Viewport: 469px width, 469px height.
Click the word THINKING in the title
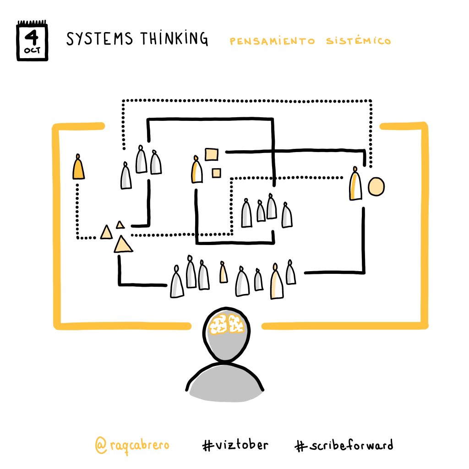pos(176,39)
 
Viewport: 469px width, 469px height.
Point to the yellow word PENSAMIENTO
pos(273,41)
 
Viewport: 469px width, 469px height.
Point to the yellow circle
pos(376,186)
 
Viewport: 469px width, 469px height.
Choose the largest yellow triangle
pos(122,245)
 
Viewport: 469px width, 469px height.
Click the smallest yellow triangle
pos(120,224)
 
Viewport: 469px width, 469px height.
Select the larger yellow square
pos(212,155)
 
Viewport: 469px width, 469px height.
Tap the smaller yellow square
pos(216,173)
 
